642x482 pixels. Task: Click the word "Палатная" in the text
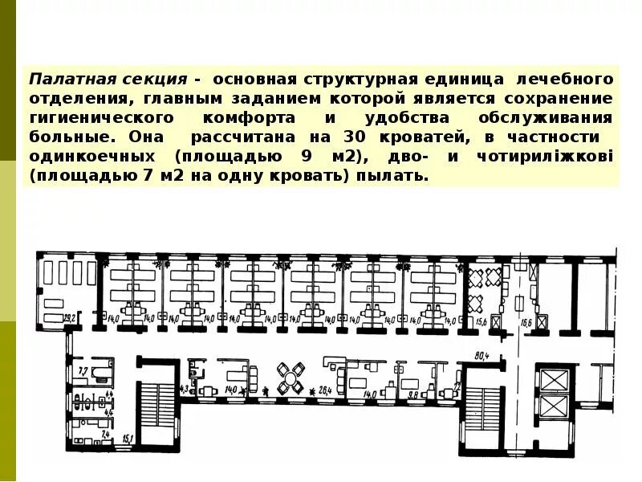[63, 80]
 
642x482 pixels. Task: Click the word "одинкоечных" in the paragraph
[85, 156]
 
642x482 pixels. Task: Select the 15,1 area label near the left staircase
[127, 439]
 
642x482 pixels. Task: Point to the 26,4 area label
[325, 390]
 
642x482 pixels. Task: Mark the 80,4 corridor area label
[481, 355]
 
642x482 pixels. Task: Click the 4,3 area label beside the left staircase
[185, 390]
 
